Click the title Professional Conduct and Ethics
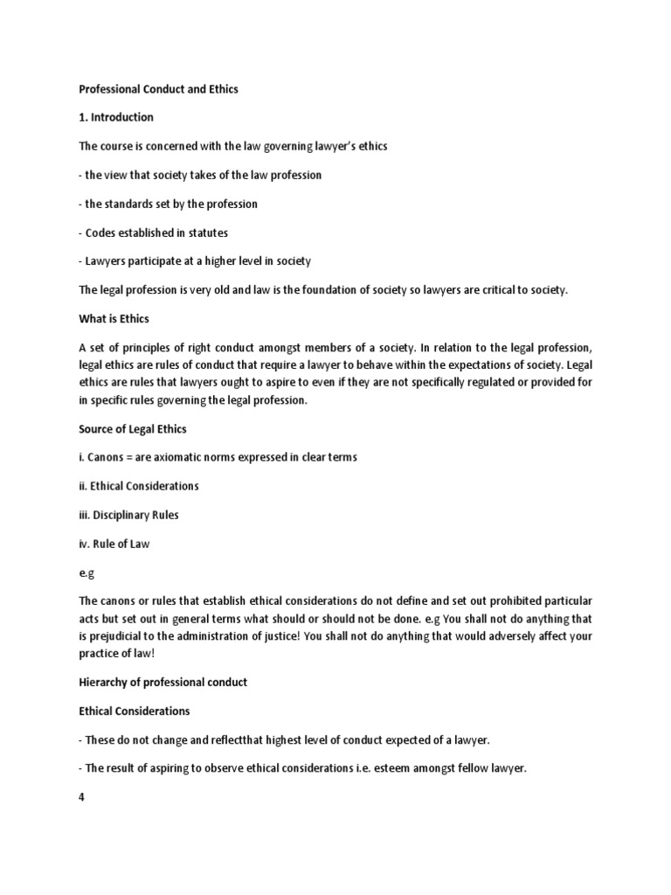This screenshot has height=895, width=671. point(158,89)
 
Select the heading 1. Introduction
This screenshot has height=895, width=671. point(116,118)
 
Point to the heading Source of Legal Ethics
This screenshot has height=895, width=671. point(132,429)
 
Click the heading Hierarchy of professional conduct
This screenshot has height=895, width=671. point(163,682)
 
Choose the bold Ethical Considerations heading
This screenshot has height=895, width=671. point(135,711)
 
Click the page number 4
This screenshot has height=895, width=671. point(82,796)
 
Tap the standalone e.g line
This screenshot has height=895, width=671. point(86,572)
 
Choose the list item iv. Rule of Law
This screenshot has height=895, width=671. point(114,544)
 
